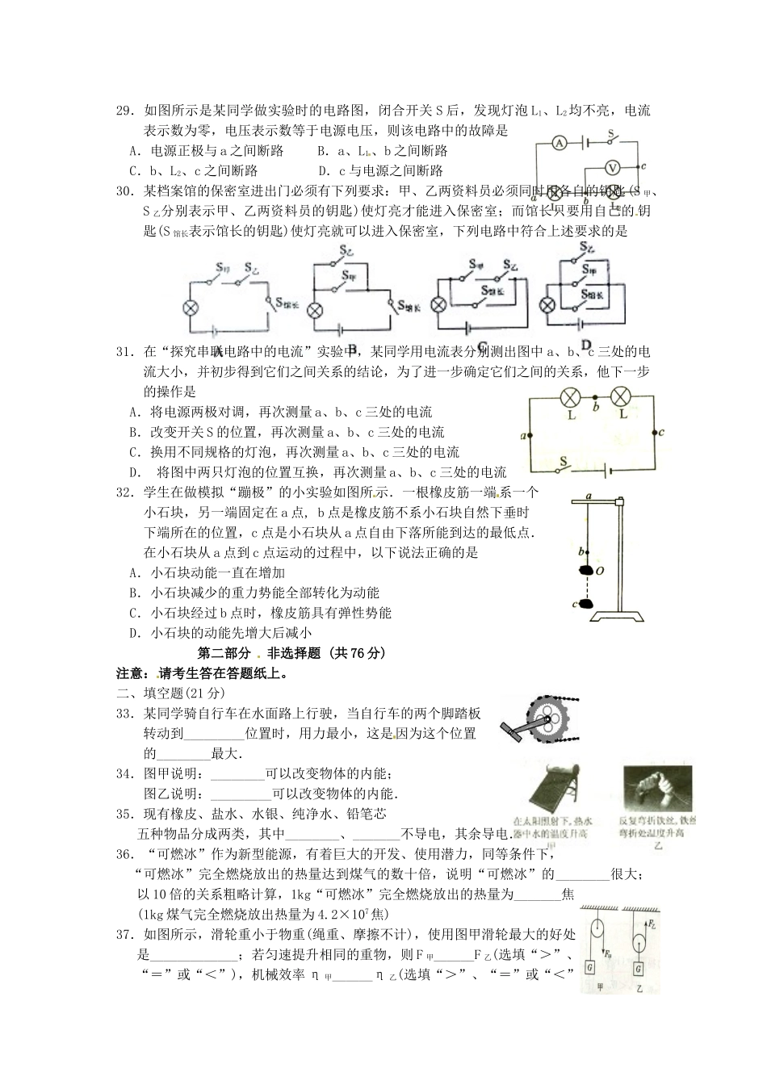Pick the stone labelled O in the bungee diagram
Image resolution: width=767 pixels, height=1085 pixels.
tap(585, 570)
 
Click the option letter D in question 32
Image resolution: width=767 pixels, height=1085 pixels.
tap(133, 633)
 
